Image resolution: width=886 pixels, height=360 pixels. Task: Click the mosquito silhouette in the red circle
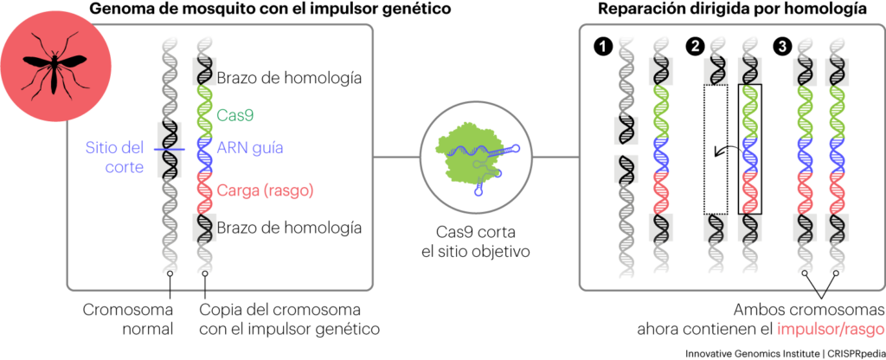[54, 66]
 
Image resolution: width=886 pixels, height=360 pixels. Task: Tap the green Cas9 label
[235, 114]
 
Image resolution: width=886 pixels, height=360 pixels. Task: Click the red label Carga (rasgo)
[266, 190]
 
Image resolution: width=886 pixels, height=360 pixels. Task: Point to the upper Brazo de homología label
[290, 79]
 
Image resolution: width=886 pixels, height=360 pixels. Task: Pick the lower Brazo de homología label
[290, 228]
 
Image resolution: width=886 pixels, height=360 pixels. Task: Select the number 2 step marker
[694, 46]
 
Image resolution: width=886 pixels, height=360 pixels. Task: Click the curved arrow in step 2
[722, 151]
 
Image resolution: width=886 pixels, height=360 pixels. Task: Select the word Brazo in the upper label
[239, 79]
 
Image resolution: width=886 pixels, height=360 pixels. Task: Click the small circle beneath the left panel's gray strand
[170, 273]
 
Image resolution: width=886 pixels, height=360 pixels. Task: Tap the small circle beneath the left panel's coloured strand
[205, 273]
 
